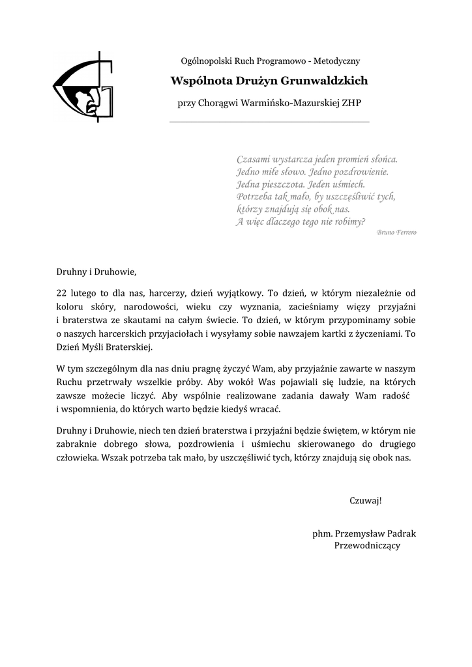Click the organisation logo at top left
coord(83,87)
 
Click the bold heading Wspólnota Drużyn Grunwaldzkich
coord(269,81)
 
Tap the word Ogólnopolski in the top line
coord(205,61)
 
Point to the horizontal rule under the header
coord(269,122)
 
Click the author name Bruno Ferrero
coord(396,233)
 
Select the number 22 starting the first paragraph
coord(61,292)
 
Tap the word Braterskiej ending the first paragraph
coord(128,347)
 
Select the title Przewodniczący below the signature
coord(367,546)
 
